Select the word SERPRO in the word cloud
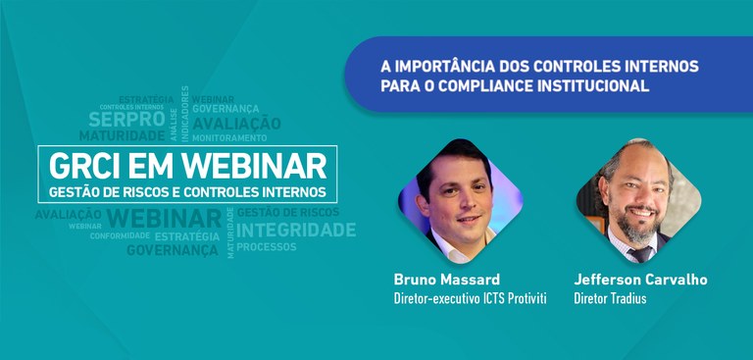coord(120,120)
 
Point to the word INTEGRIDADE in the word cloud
coord(296,230)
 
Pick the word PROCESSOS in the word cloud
coord(266,247)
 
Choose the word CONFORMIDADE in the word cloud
coord(121,235)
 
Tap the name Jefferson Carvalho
coord(640,280)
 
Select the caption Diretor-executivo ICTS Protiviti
coord(469,297)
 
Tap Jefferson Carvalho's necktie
coord(639,252)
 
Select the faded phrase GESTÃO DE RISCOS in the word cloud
coord(288,212)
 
